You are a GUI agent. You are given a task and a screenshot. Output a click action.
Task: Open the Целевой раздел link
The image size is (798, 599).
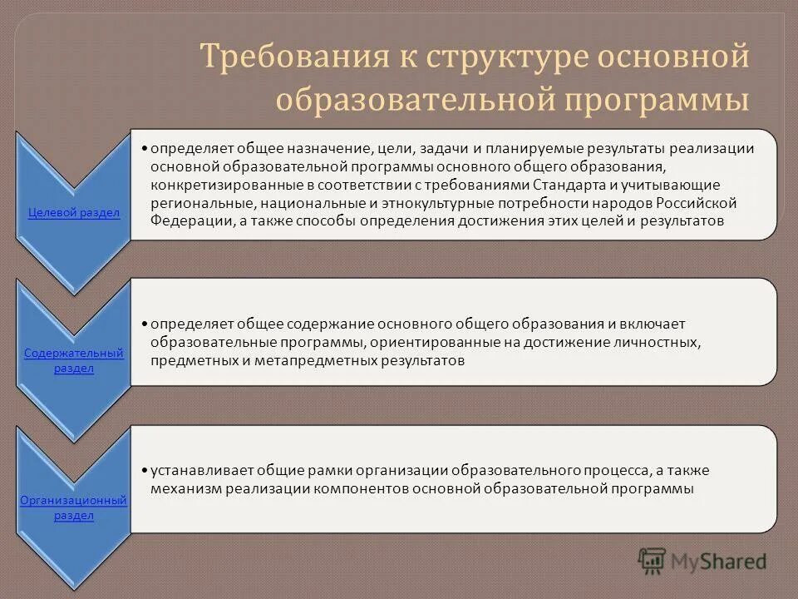tap(74, 213)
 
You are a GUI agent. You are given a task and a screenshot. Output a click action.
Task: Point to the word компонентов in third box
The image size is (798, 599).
tap(354, 489)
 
